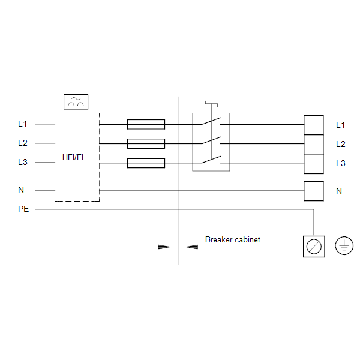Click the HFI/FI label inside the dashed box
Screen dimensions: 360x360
click(73, 157)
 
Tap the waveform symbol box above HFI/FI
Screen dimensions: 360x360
click(76, 102)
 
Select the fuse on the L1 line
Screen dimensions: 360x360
click(146, 124)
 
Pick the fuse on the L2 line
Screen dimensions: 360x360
click(146, 144)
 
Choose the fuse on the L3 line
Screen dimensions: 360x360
click(146, 163)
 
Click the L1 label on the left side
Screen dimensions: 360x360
click(23, 124)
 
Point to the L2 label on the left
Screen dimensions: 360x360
click(23, 143)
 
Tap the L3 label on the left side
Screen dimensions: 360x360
click(23, 163)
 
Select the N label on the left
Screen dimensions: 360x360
click(21, 190)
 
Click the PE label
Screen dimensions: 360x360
click(23, 209)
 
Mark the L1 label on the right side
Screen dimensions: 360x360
click(340, 125)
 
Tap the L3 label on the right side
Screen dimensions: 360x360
click(341, 163)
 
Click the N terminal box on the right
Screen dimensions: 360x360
click(314, 191)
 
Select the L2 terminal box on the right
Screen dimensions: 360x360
click(314, 145)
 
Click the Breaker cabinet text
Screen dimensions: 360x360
click(233, 239)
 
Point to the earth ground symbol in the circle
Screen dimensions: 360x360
click(344, 245)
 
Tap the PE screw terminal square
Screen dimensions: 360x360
click(314, 247)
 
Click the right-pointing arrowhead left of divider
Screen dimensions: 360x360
click(164, 247)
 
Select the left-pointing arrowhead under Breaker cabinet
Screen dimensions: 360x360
click(192, 247)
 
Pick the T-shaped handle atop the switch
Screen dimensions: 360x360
click(211, 104)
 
